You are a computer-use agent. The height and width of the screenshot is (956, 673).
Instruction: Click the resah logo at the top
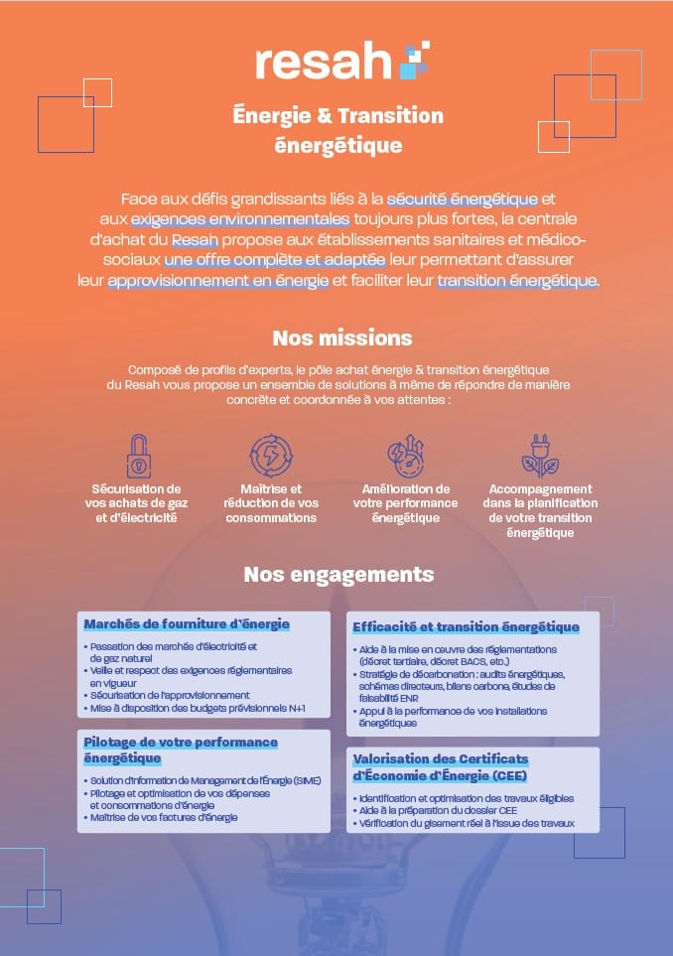point(337,61)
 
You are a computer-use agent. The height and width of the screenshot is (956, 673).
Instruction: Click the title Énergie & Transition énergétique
point(337,130)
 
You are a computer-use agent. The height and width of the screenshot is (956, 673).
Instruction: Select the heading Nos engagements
point(338,574)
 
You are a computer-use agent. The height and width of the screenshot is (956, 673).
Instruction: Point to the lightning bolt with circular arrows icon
point(269,456)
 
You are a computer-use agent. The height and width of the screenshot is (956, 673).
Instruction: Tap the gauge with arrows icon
point(406,456)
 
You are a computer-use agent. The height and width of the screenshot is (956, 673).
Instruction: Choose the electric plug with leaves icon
point(540,456)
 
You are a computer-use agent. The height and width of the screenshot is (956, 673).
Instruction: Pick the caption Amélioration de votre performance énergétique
point(406,503)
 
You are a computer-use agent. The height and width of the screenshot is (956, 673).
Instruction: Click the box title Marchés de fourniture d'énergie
point(187,624)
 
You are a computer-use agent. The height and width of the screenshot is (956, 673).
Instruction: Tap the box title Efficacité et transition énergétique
point(466,627)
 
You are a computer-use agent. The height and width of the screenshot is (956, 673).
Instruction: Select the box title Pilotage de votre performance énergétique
point(181,751)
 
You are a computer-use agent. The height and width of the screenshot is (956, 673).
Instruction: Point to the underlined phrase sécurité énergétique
point(463,199)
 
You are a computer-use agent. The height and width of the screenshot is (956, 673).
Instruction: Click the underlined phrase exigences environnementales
point(240,217)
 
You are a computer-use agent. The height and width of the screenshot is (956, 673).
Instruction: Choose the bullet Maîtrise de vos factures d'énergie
point(164,817)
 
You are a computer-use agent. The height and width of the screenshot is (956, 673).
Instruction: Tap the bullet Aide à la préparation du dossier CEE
point(436,811)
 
